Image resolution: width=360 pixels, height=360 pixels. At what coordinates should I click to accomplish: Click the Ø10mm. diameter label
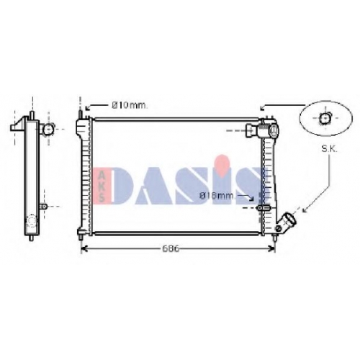coord(130,105)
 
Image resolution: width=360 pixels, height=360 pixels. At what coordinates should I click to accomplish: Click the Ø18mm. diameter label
coord(217,196)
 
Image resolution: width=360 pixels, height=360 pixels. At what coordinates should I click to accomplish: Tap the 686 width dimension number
coord(171,249)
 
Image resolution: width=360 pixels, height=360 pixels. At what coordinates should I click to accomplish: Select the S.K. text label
coord(329,149)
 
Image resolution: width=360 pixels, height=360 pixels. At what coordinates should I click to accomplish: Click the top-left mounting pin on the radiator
coord(81,114)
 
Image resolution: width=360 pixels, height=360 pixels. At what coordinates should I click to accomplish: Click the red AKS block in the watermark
coord(102,186)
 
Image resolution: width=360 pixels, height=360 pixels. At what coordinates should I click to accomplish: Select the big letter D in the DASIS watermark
coord(127,186)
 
